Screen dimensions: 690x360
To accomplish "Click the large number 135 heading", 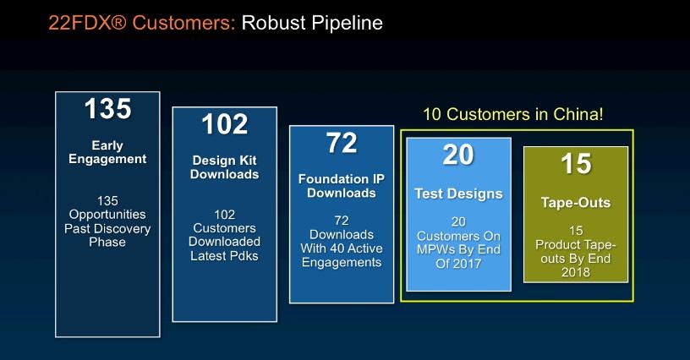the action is pyautogui.click(x=108, y=108).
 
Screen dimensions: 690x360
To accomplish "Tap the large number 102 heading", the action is pyautogui.click(x=225, y=124).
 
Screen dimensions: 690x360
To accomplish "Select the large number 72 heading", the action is pyautogui.click(x=342, y=143).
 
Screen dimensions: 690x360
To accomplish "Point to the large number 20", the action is pyautogui.click(x=458, y=155).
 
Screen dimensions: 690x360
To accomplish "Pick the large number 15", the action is pyautogui.click(x=576, y=163).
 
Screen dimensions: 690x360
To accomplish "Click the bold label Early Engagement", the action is pyautogui.click(x=107, y=152).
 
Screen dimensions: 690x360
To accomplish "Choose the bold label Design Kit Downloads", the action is pyautogui.click(x=224, y=167).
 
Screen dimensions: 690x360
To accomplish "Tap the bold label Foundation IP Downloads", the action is pyautogui.click(x=342, y=186).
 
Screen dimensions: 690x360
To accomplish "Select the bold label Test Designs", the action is pyautogui.click(x=458, y=194).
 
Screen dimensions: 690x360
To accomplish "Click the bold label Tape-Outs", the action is pyautogui.click(x=576, y=203).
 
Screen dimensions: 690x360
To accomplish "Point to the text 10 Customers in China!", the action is pyautogui.click(x=513, y=114).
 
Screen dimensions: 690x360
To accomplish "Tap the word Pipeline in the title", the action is pyautogui.click(x=347, y=24).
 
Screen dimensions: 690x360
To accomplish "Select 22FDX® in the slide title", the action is pyautogui.click(x=88, y=23).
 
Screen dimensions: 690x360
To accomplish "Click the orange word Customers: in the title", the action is pyautogui.click(x=184, y=23).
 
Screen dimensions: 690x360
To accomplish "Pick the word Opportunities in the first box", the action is pyautogui.click(x=107, y=215).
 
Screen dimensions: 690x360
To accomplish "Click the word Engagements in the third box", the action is pyautogui.click(x=342, y=263).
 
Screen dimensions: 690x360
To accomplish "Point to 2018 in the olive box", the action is pyautogui.click(x=576, y=272).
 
